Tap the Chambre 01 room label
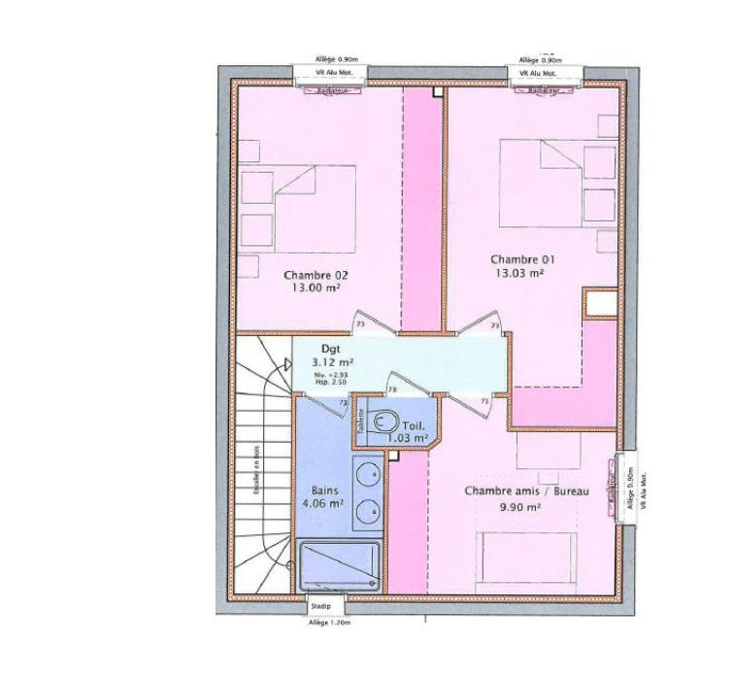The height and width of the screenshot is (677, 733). tap(523, 259)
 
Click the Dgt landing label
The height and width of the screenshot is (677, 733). tap(330, 349)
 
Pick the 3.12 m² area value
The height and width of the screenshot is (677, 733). tap(333, 362)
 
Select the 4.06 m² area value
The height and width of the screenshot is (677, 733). tap(323, 503)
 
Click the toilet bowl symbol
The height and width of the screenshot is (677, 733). tap(384, 423)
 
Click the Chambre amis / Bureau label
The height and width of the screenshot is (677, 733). tap(527, 491)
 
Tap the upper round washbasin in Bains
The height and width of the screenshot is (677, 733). tap(367, 476)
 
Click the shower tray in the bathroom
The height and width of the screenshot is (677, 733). tap(339, 565)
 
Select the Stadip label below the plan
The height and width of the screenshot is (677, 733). tap(319, 607)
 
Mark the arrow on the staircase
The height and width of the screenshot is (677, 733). tap(287, 364)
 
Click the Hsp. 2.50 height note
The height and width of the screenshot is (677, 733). tap(330, 383)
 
